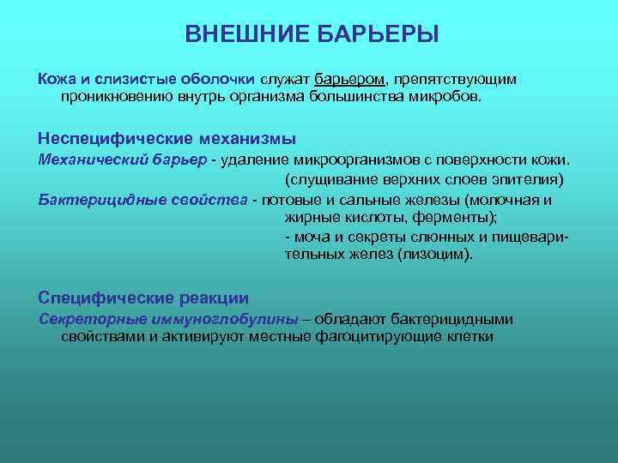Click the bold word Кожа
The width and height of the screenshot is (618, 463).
[58, 79]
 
